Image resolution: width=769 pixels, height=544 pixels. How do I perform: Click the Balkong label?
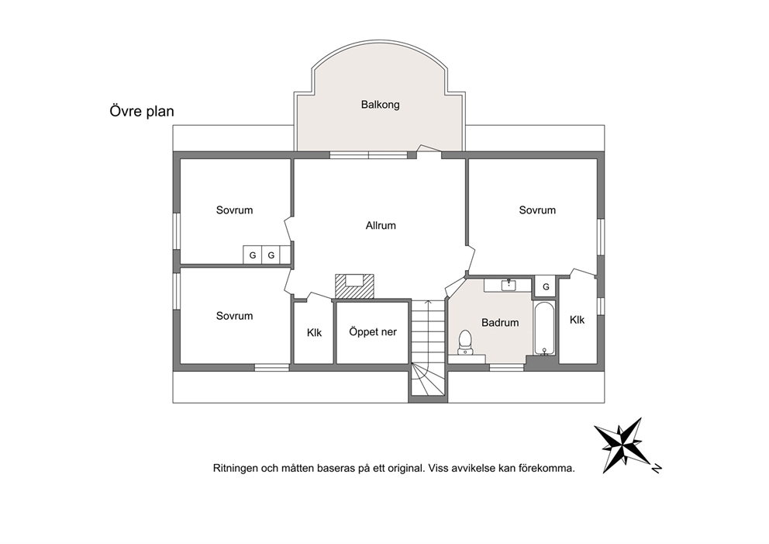pos(380,105)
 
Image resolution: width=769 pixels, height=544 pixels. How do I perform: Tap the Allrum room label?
pos(381,225)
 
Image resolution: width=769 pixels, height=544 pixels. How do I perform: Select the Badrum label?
pos(500,323)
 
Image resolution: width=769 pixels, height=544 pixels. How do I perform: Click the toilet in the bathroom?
pos(464,342)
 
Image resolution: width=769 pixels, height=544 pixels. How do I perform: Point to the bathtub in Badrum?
pos(544,328)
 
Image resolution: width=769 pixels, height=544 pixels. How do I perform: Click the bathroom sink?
pos(508,285)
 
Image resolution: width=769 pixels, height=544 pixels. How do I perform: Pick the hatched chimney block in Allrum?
pos(354,286)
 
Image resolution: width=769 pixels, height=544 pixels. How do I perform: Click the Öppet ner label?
pos(373,332)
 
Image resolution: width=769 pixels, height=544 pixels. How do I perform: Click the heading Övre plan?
pos(142,111)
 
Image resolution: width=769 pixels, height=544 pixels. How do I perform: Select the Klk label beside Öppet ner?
pos(315,333)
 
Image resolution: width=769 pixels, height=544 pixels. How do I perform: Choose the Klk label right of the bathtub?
pos(578,321)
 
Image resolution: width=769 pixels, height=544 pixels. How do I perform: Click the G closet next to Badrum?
pos(546,286)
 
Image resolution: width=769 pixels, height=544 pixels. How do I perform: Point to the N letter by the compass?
pos(657,469)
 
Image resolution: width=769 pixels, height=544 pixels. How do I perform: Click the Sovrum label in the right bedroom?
pos(537,210)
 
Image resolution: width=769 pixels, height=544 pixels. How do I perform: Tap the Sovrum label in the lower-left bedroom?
pos(234,316)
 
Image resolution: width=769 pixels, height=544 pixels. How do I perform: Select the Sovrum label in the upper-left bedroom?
pos(234,210)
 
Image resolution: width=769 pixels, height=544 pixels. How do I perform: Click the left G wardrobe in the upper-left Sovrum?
pos(253,255)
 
